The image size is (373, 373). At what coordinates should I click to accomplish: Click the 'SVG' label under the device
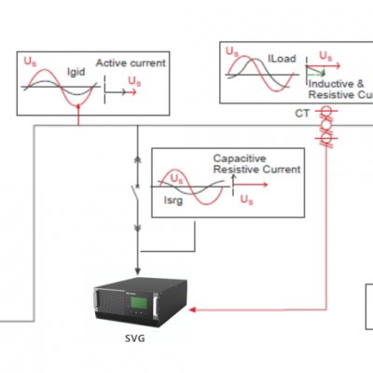137,338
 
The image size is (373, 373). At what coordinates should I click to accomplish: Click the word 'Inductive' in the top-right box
326,82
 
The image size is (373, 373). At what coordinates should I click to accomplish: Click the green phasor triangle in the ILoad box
318,70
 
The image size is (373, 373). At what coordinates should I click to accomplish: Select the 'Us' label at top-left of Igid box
32,62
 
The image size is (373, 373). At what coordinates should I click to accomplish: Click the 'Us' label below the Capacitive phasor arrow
244,200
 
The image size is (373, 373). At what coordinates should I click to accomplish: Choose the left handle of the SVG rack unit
97,301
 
